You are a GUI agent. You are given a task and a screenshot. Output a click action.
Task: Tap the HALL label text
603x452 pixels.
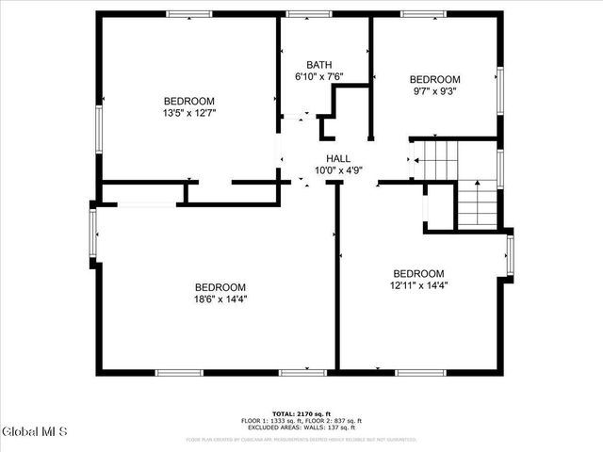tap(338, 159)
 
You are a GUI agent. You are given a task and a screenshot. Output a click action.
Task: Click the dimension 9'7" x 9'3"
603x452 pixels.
tap(434, 91)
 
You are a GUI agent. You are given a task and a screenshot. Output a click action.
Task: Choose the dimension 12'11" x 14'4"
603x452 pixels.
tap(418, 285)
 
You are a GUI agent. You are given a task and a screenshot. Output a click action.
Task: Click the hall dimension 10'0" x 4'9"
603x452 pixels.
tap(338, 170)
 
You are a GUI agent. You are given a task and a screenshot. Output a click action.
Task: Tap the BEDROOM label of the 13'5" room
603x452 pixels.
tap(189, 101)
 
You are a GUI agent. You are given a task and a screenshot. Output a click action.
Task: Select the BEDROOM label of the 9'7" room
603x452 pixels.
tap(434, 79)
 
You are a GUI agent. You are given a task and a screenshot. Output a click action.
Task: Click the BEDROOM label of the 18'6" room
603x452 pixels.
tap(220, 287)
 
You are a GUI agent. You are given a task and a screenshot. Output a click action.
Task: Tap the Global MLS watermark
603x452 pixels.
tap(35, 432)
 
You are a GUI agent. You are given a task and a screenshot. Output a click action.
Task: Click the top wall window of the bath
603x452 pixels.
tap(302, 14)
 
